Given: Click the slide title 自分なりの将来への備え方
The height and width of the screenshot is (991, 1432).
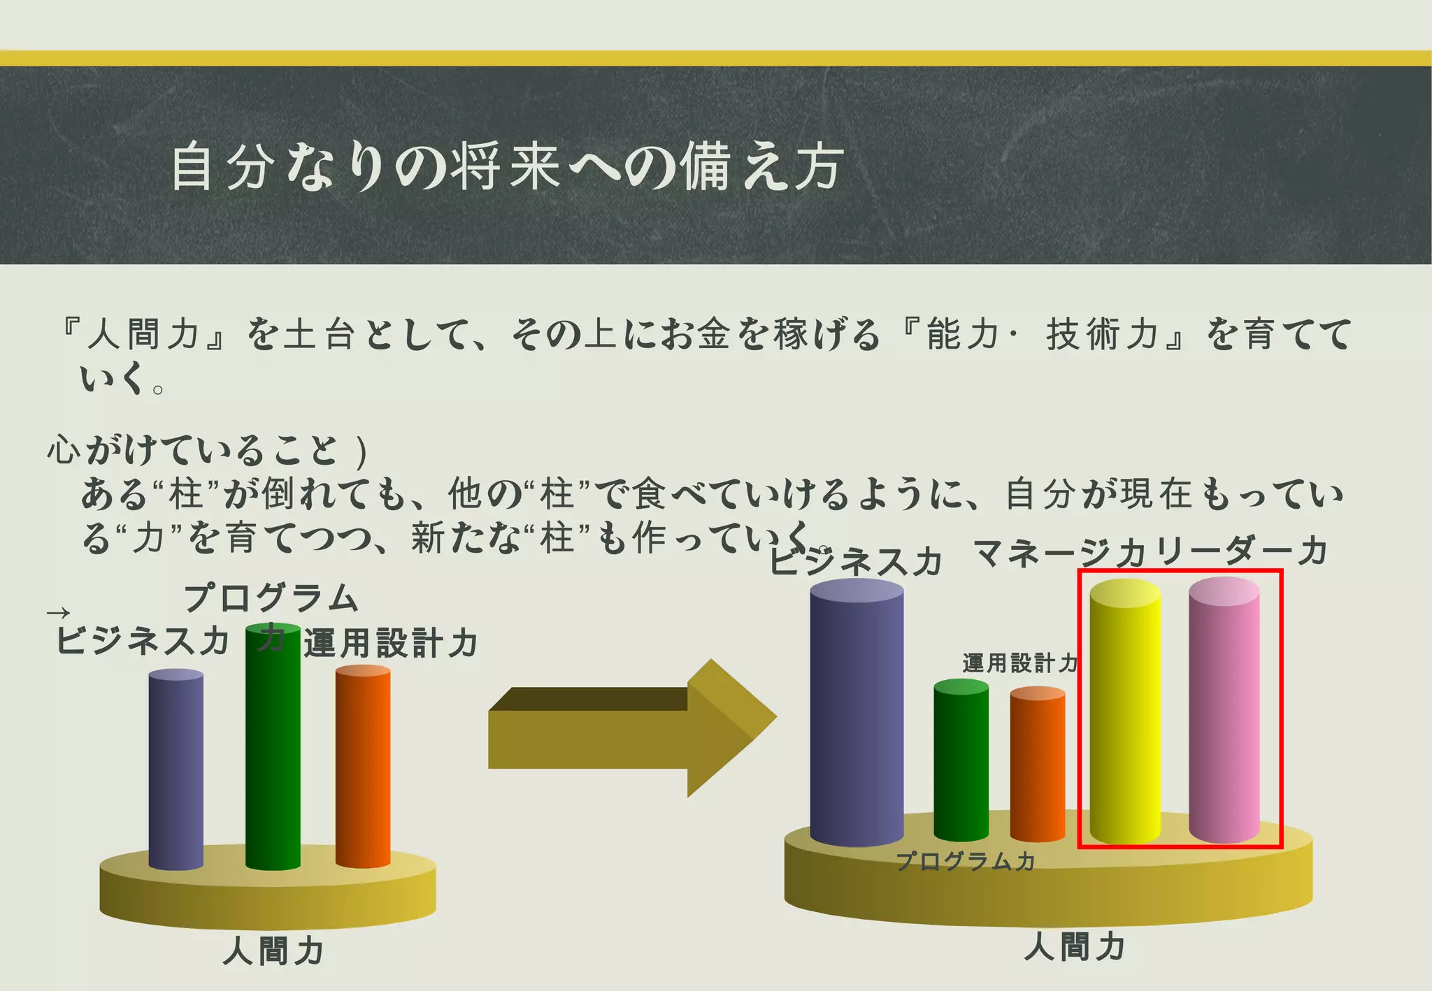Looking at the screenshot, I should point(507,166).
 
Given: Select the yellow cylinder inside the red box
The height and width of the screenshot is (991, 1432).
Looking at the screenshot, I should point(1124,713).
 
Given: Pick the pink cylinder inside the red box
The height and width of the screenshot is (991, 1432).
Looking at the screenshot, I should point(1224,713).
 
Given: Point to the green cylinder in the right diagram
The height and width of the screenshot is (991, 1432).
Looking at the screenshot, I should point(961,762).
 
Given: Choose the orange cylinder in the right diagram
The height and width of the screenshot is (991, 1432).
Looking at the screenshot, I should point(1038,765).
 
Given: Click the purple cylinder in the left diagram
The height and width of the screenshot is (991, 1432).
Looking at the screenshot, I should point(176,769).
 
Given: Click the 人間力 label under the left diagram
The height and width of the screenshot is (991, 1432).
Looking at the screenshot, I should point(273,951).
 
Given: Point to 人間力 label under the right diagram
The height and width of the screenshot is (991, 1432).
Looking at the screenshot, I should point(1075,947).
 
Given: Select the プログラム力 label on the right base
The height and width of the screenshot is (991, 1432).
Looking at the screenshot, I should point(966,861).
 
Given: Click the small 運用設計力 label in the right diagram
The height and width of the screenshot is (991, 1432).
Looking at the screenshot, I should point(1019,663).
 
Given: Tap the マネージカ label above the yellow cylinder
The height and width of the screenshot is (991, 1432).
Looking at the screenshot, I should point(1059,553).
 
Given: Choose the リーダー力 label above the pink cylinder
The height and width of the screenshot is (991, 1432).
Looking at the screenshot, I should point(1242,551).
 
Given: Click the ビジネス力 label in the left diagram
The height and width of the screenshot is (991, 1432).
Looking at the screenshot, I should point(143,640).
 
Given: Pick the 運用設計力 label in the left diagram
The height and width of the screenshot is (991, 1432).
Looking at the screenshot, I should point(390,643).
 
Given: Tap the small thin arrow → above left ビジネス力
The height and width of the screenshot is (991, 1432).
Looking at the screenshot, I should point(58,614).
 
